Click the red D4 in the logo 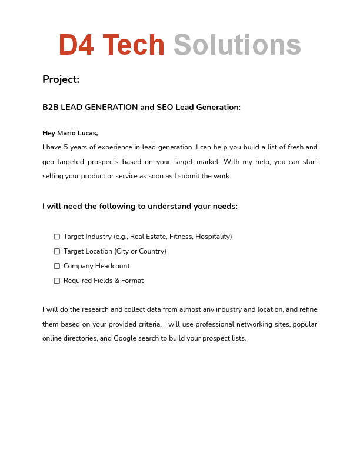(76, 46)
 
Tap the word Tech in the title (134, 46)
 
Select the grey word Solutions (237, 46)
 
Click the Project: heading (61, 79)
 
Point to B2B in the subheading (50, 108)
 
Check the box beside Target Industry (57, 237)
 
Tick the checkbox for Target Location (57, 251)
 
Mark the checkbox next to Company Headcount (57, 266)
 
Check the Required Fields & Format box (57, 281)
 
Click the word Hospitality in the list (212, 237)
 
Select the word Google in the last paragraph (125, 338)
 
